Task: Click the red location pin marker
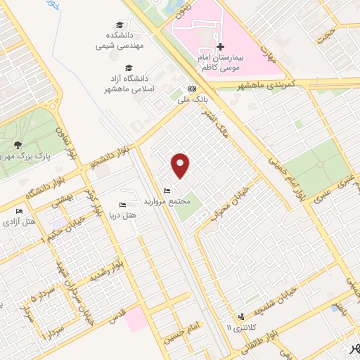[x=181, y=165]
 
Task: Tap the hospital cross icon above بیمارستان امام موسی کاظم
[x=220, y=46]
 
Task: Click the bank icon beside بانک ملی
[x=191, y=89]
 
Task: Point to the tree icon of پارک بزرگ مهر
[x=16, y=146]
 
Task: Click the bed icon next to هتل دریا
[x=123, y=205]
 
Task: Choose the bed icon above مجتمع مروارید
[x=166, y=191]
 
